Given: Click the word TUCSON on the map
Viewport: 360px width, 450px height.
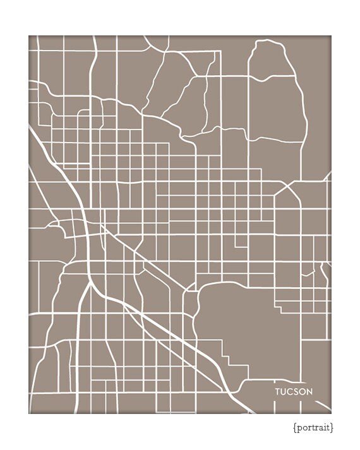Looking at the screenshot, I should pos(294,391).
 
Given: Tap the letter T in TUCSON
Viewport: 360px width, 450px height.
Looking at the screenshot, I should pos(277,391).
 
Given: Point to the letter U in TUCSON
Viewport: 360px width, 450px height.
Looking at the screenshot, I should pos(284,391).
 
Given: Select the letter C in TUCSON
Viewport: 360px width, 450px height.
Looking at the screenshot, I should pos(290,391).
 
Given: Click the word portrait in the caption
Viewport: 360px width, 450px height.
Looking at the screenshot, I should pos(314,427).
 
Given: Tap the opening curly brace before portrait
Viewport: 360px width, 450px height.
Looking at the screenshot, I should pos(295,427).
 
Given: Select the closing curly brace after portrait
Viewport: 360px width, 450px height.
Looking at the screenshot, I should pos(332,427).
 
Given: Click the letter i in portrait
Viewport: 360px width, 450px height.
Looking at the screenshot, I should pos(323,427).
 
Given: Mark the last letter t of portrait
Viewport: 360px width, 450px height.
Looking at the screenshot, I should pos(328,427).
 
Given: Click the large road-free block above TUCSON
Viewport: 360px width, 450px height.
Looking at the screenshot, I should pos(234,322).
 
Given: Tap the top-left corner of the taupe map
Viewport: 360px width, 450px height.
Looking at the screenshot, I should pos(29,36).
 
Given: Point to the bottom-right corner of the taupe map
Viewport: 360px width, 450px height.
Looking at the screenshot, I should pos(330,413).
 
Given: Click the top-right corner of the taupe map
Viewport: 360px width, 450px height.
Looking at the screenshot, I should pos(330,36).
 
